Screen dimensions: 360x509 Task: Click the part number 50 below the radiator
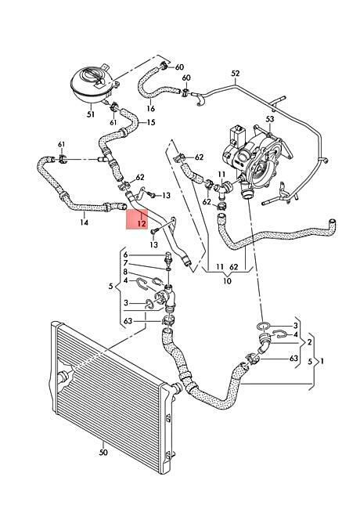pos(103,452)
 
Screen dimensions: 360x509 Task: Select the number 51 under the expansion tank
pos(91,114)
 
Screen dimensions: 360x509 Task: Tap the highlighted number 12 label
pos(142,223)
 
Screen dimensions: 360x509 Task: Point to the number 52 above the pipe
pos(236,74)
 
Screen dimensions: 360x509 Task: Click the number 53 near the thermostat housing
pos(270,119)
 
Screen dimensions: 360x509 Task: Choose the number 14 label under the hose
pos(84,222)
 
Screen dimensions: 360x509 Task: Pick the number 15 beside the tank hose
pos(151,122)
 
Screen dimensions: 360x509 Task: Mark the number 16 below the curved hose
pos(151,108)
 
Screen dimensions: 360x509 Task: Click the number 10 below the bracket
pos(228,280)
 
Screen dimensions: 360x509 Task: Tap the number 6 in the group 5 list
pos(126,254)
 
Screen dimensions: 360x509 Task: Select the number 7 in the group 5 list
pos(126,263)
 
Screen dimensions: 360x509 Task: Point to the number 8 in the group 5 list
pos(126,272)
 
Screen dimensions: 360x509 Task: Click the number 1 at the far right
pos(322,361)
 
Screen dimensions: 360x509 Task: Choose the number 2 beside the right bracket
pos(309,342)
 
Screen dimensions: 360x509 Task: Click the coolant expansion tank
pos(92,84)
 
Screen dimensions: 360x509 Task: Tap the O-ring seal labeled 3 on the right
pos(263,326)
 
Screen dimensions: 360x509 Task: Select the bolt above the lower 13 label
pos(154,232)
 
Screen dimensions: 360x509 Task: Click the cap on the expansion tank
pos(93,77)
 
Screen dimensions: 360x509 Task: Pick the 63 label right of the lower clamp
pos(293,359)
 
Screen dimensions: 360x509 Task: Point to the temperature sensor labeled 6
pos(168,257)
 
